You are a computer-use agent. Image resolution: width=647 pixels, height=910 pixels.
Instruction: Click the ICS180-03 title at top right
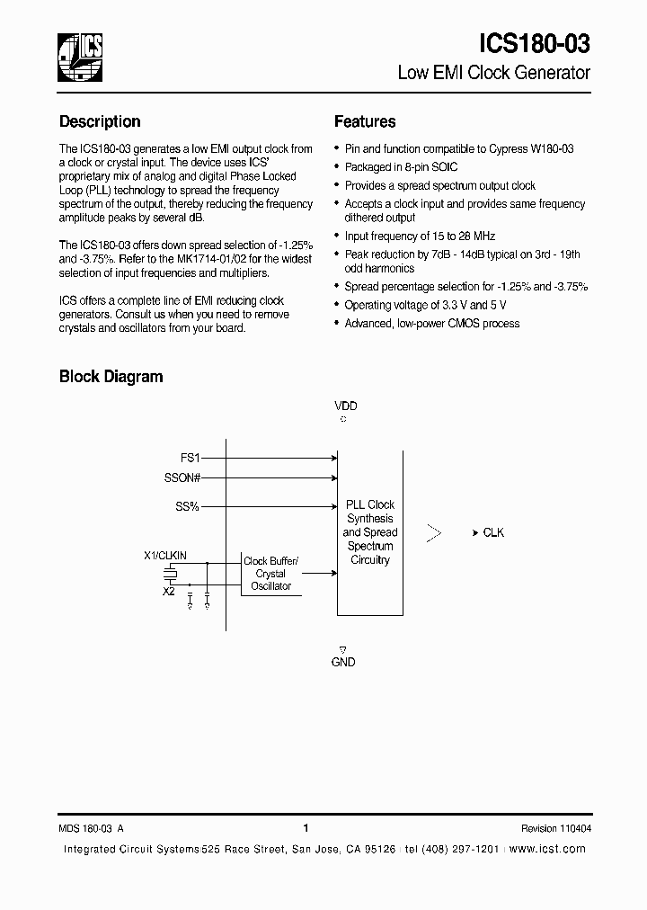[x=533, y=44]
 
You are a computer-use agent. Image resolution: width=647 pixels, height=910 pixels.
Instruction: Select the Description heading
[x=100, y=121]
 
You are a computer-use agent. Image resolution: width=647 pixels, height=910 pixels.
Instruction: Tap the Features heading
[x=365, y=121]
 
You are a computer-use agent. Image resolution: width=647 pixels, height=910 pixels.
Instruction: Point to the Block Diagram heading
[x=111, y=377]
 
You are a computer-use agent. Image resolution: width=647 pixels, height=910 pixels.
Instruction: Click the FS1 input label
[x=190, y=457]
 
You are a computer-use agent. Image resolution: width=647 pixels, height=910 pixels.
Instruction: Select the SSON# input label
[x=182, y=478]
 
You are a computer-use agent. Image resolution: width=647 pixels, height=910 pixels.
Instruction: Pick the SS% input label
[x=187, y=507]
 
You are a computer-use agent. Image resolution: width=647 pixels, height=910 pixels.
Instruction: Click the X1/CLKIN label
[x=165, y=556]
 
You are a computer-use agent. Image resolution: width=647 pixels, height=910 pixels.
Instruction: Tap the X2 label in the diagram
[x=168, y=592]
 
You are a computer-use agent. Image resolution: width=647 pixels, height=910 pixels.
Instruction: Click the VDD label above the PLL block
[x=345, y=406]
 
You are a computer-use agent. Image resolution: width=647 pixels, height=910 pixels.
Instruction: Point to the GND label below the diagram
[x=343, y=662]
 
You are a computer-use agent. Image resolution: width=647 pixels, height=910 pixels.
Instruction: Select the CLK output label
[x=493, y=532]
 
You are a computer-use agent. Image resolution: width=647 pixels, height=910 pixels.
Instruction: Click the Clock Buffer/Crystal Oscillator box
[x=270, y=574]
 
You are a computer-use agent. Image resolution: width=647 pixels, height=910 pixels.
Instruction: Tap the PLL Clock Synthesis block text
[x=369, y=532]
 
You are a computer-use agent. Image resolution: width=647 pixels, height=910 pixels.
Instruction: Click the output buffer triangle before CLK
[x=434, y=533]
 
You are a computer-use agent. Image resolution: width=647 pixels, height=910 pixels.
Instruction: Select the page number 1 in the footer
[x=306, y=828]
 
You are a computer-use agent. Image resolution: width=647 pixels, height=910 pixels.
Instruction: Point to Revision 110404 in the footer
[x=555, y=828]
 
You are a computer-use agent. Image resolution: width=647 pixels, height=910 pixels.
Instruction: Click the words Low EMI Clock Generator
[x=493, y=73]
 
